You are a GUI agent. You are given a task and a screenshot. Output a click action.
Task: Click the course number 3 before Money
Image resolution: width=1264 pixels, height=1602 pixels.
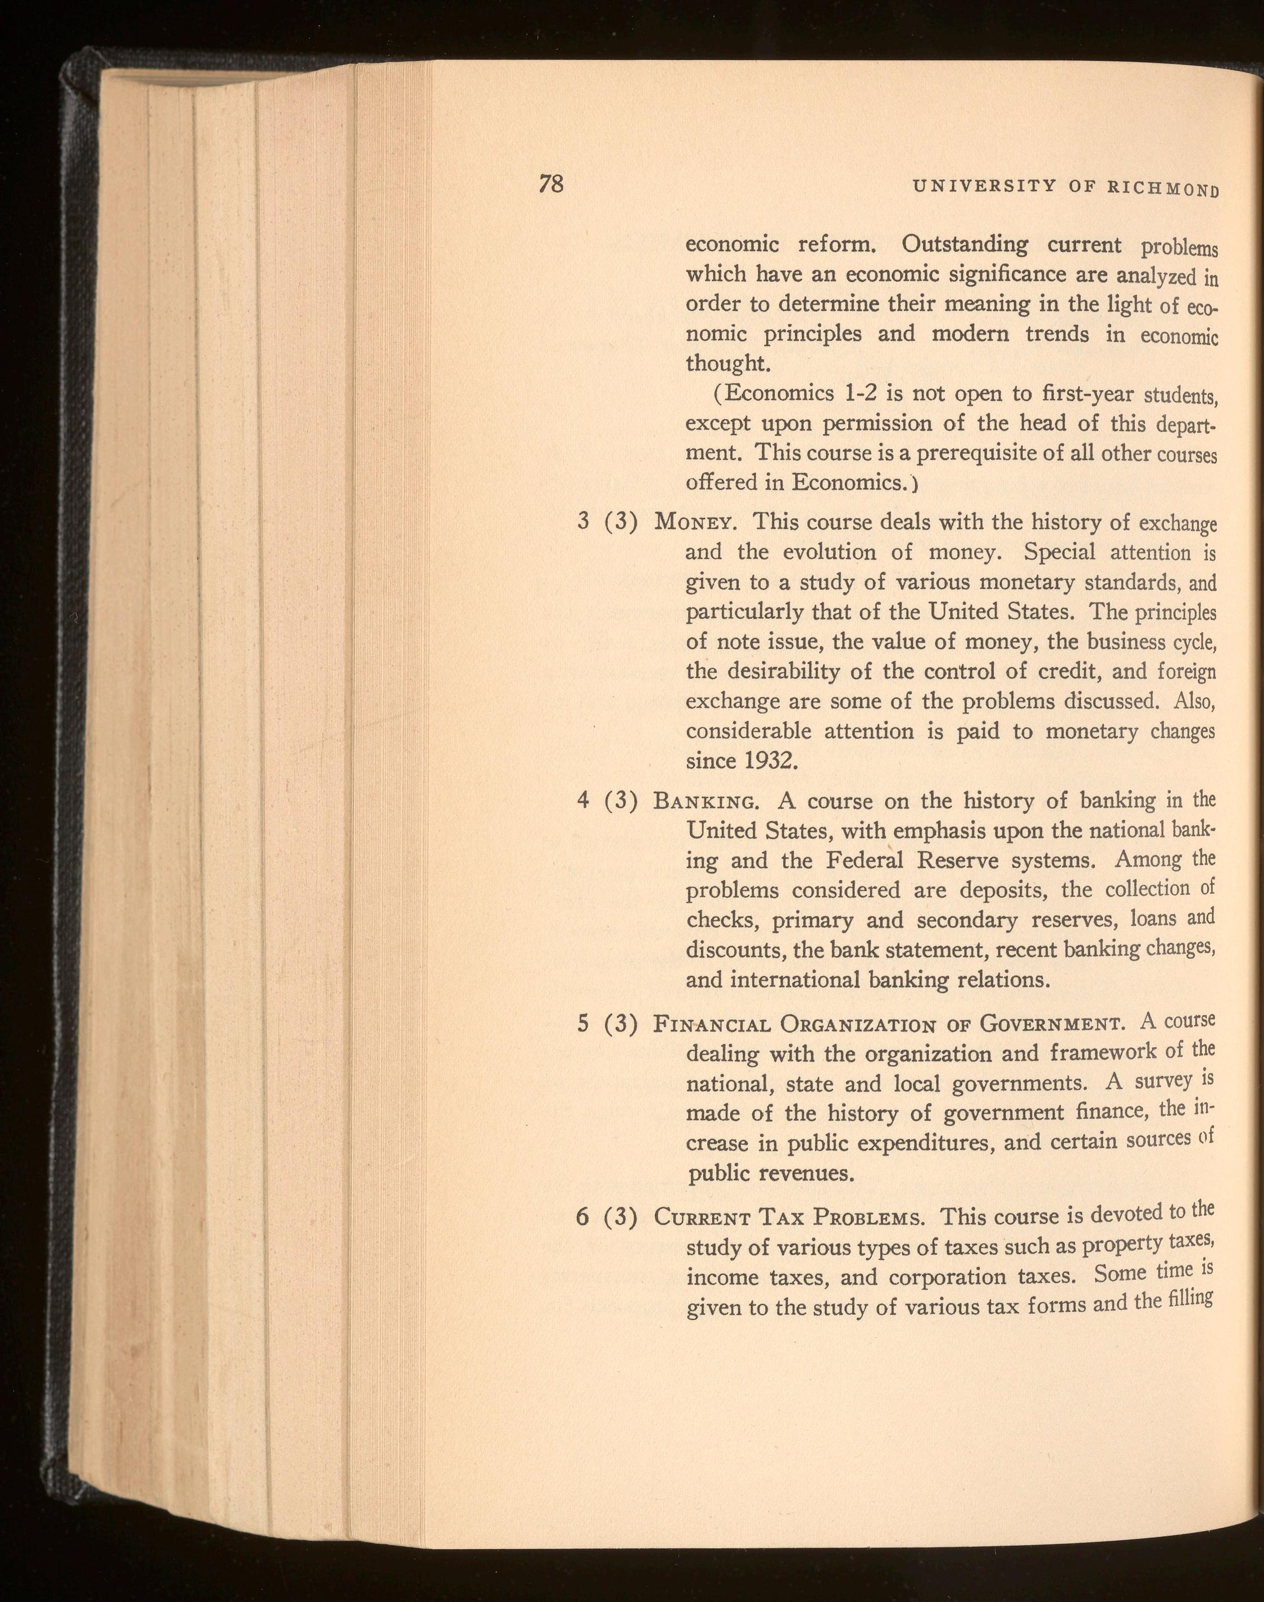pos(583,522)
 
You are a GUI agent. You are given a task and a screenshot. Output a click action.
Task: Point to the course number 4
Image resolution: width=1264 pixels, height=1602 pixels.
pos(583,801)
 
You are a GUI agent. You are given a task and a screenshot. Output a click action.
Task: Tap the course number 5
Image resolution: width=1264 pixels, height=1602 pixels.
pos(583,1025)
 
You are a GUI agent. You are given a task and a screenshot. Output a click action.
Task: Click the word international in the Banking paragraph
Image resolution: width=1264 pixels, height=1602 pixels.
pos(793,980)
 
